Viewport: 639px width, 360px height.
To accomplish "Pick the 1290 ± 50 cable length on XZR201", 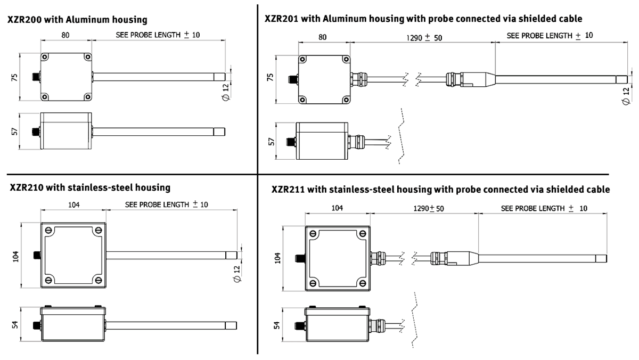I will tap(424, 38).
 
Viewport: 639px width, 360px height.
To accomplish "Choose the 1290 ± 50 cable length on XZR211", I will tap(428, 208).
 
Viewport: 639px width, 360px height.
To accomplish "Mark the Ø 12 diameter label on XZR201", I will tap(626, 96).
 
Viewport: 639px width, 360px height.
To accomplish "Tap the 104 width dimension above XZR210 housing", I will tap(74, 204).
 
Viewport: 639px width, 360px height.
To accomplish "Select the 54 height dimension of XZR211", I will tap(276, 324).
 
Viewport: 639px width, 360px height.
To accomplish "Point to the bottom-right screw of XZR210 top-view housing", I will tap(99, 280).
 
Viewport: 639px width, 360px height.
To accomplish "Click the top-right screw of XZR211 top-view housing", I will tap(362, 232).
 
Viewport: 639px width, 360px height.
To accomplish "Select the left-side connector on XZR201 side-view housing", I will tap(291, 142).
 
